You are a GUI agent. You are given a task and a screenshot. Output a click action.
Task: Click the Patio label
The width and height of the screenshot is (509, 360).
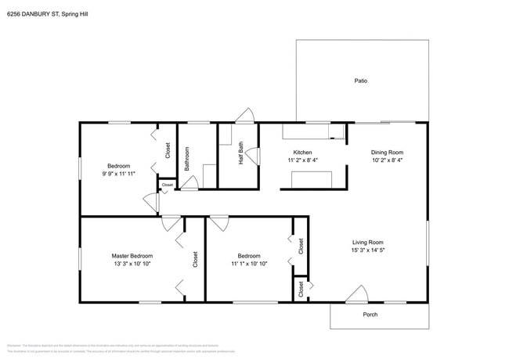(x=361, y=81)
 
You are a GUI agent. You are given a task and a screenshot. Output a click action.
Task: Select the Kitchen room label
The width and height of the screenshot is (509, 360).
(x=303, y=152)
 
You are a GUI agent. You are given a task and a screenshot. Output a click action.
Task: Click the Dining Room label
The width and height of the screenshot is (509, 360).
(x=387, y=152)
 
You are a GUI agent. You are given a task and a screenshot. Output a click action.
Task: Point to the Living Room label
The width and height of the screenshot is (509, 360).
(x=367, y=242)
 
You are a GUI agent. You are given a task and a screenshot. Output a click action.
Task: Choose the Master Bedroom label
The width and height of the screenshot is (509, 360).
(x=132, y=256)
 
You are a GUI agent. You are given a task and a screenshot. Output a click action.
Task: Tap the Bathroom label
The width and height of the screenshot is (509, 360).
(x=187, y=159)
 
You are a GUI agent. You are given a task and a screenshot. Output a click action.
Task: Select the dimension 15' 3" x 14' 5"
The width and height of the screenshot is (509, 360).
(x=367, y=250)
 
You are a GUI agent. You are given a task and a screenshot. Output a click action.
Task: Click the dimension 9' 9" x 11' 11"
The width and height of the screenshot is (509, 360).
(x=119, y=175)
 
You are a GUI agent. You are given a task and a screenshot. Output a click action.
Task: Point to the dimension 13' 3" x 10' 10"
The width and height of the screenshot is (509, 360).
(x=132, y=265)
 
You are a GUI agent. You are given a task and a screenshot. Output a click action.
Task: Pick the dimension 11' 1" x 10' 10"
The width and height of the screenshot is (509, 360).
(x=249, y=265)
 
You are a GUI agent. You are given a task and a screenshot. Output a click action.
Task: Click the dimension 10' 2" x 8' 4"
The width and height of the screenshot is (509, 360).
(x=387, y=160)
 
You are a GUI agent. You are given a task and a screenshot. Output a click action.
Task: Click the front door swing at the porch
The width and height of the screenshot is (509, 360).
(x=357, y=294)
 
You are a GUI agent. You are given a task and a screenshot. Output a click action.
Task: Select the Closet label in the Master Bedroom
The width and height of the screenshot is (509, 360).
(x=196, y=259)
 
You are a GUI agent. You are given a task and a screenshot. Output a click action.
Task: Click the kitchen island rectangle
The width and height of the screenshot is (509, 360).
(x=312, y=180)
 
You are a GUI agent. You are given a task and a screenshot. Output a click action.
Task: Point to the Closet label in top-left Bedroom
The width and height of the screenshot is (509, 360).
(x=168, y=149)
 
